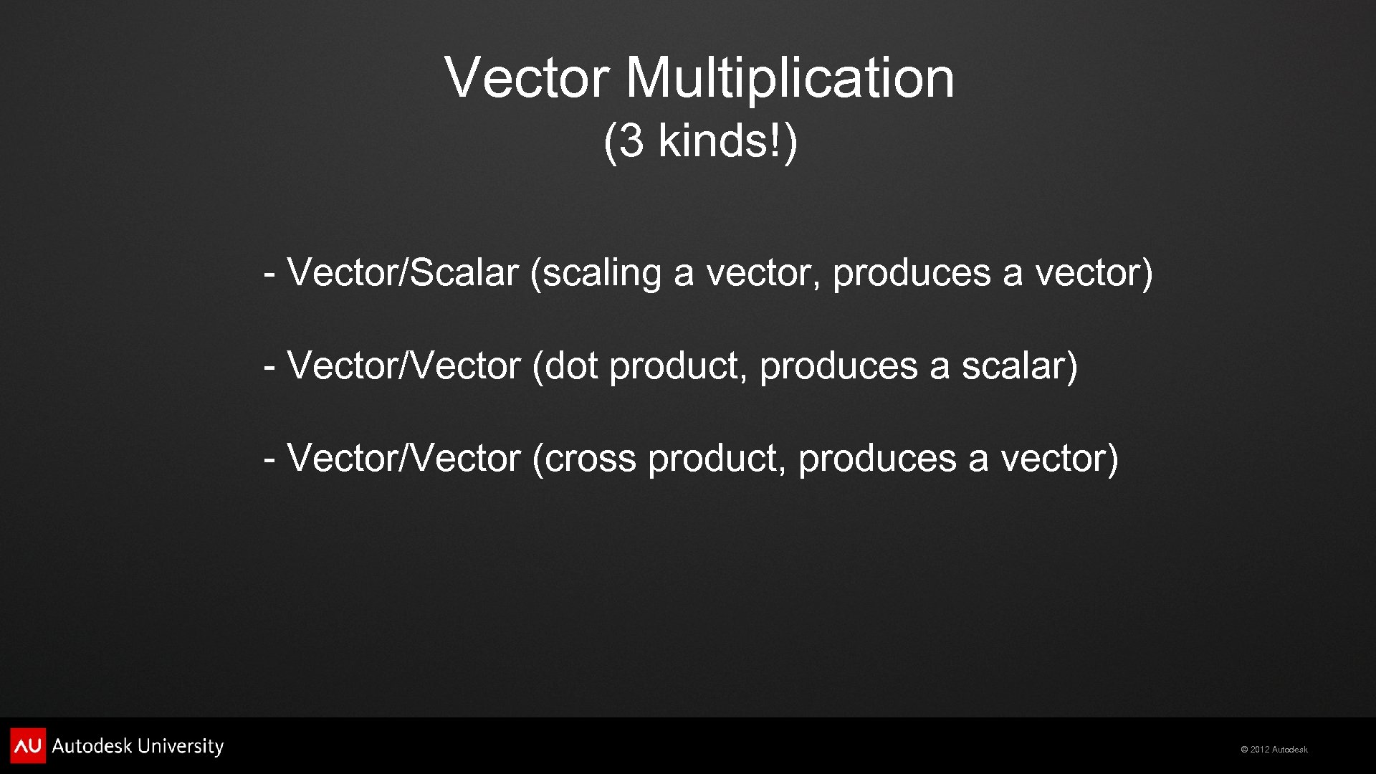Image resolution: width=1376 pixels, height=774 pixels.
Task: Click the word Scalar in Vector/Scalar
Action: click(x=464, y=273)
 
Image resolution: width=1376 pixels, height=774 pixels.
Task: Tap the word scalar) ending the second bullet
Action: click(x=1019, y=365)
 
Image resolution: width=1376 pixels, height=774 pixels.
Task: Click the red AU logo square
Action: click(x=28, y=745)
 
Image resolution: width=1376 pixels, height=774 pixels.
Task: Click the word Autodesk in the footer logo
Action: click(x=92, y=746)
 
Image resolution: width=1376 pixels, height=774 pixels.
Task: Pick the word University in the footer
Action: click(x=181, y=747)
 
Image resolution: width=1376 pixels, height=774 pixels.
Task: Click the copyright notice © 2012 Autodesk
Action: click(x=1274, y=750)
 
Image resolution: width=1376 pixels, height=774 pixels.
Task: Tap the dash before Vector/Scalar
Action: click(x=269, y=273)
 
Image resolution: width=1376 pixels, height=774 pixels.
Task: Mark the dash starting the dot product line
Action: click(x=269, y=366)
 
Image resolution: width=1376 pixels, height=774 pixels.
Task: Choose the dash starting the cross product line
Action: click(x=269, y=459)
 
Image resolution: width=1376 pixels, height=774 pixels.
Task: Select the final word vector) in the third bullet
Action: click(x=1059, y=459)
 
